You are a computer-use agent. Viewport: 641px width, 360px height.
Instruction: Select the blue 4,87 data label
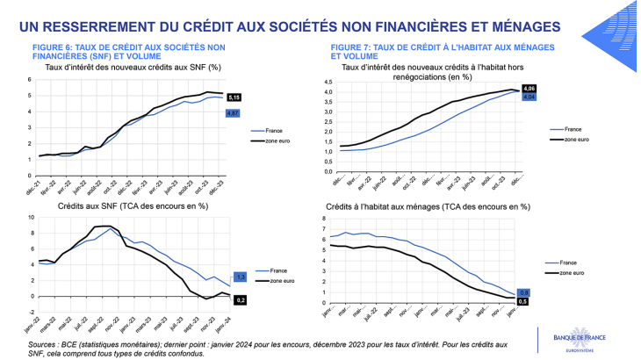coord(233,113)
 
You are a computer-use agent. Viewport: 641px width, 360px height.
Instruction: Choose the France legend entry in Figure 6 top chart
coord(261,132)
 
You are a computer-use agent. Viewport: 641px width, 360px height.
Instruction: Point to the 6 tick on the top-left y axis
coord(30,79)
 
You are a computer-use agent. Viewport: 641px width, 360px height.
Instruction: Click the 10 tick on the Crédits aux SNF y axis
coord(29,217)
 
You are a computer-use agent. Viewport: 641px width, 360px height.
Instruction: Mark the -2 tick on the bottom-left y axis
coord(29,312)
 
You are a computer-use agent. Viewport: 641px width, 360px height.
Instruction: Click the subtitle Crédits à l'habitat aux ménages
coord(426,206)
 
